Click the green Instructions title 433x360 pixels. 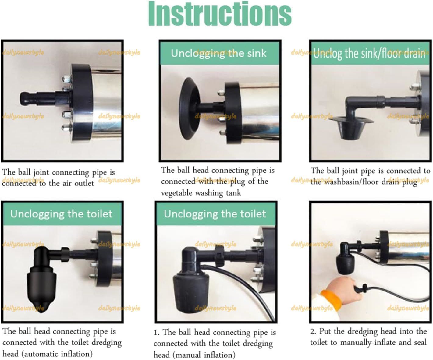click(x=220, y=13)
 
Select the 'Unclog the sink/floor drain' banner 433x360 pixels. click(x=370, y=53)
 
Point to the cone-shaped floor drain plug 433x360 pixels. click(x=351, y=126)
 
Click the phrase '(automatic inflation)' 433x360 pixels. click(x=57, y=354)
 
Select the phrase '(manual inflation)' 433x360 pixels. click(x=204, y=355)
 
